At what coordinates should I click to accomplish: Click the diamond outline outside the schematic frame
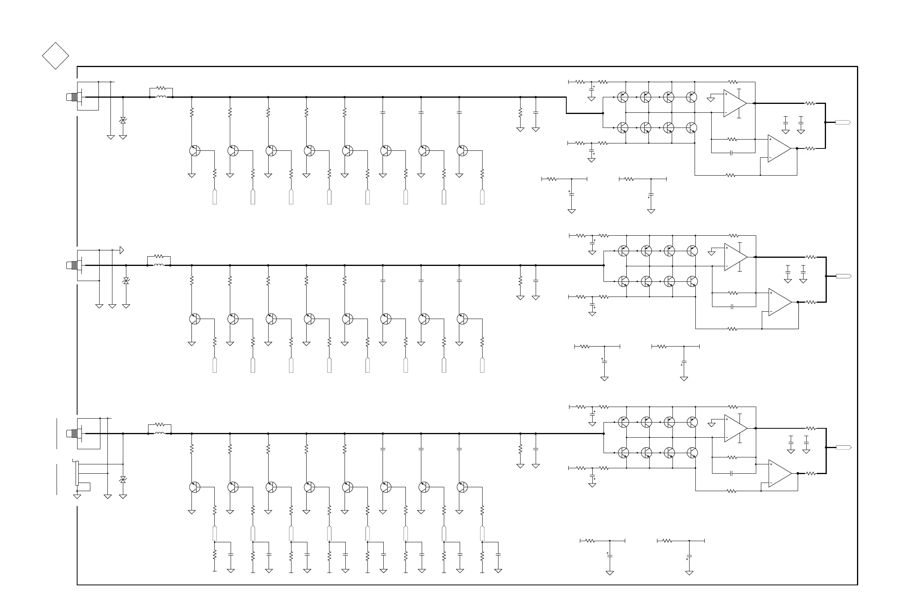[55, 56]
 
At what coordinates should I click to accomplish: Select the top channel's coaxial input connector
[72, 97]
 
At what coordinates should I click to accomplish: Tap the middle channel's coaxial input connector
[72, 266]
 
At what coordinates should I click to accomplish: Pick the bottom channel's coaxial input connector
[72, 433]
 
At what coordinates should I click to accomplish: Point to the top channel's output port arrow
[843, 122]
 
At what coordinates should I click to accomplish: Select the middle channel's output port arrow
[843, 276]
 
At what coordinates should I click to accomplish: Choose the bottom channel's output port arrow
[843, 447]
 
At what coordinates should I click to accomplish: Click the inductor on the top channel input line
[161, 97]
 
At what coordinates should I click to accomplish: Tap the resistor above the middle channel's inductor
[159, 257]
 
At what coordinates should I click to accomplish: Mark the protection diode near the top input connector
[123, 121]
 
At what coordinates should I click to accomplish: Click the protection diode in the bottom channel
[123, 479]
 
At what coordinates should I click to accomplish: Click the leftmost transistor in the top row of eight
[195, 151]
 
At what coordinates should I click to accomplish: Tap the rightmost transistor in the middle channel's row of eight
[462, 319]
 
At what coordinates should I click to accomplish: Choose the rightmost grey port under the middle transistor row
[483, 365]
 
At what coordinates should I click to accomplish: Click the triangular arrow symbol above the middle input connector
[121, 250]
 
